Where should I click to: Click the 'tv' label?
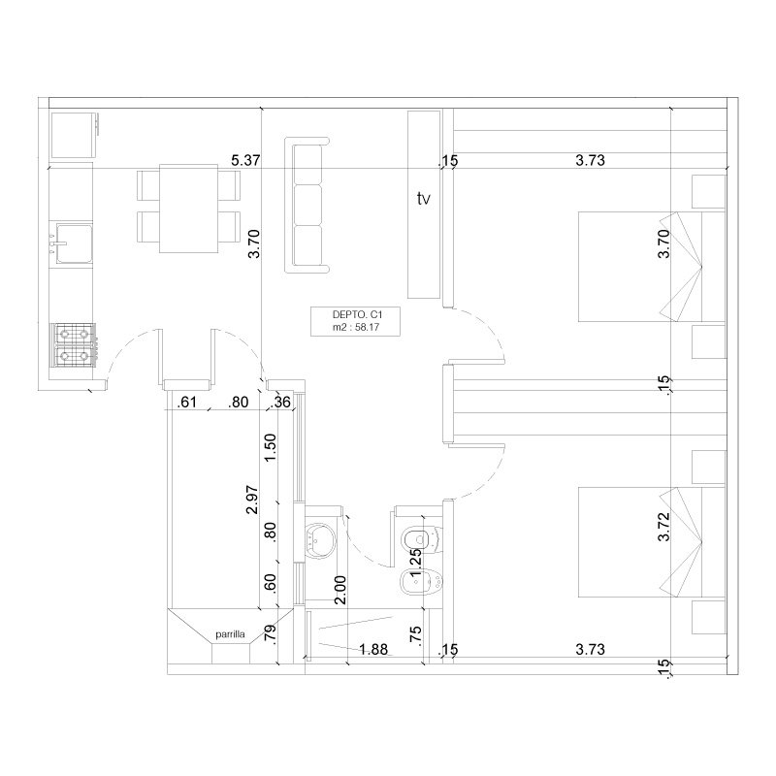click(423, 199)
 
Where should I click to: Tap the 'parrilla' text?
click(230, 634)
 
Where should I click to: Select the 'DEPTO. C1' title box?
click(355, 321)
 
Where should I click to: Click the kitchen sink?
click(74, 243)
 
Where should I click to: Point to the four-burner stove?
click(74, 345)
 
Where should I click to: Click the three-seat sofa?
click(307, 206)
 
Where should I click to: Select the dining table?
click(188, 209)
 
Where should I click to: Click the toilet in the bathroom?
click(422, 538)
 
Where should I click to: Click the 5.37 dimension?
click(245, 160)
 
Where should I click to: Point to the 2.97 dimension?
click(252, 500)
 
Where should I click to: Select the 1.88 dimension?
click(373, 649)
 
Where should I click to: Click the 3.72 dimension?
click(663, 526)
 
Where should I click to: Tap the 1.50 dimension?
click(271, 447)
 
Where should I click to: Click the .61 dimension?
click(187, 402)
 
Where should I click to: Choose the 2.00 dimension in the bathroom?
click(340, 590)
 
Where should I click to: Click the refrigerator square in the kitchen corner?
click(75, 135)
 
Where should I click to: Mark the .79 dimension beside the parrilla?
click(271, 633)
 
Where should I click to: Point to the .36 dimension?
click(280, 402)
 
